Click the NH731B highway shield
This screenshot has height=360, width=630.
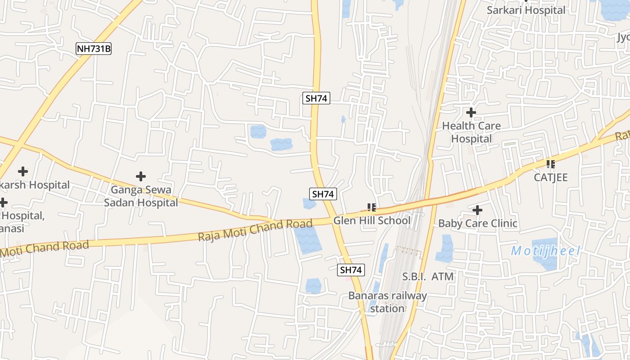[93, 49]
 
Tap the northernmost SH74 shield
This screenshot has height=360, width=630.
[316, 98]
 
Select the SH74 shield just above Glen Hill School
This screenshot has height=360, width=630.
[323, 194]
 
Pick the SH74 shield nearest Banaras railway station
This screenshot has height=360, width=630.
[351, 270]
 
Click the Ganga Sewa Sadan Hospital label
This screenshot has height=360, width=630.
[141, 196]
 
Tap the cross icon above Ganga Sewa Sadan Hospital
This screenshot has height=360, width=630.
[141, 176]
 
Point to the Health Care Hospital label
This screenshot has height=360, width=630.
[471, 132]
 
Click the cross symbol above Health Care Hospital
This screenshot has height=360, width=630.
[471, 112]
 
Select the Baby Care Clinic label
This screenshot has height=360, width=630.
[477, 223]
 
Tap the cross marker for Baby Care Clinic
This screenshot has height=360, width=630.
[477, 210]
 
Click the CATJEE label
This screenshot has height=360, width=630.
[550, 177]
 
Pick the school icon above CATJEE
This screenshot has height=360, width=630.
[550, 164]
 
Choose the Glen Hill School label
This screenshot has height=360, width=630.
[372, 220]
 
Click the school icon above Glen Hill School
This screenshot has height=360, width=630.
[372, 207]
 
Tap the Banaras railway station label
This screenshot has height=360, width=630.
[387, 302]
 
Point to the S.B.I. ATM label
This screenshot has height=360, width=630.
[427, 276]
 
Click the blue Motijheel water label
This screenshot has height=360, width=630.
[545, 251]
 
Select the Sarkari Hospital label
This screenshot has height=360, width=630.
[526, 10]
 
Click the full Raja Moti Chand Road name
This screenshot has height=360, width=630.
[255, 230]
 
